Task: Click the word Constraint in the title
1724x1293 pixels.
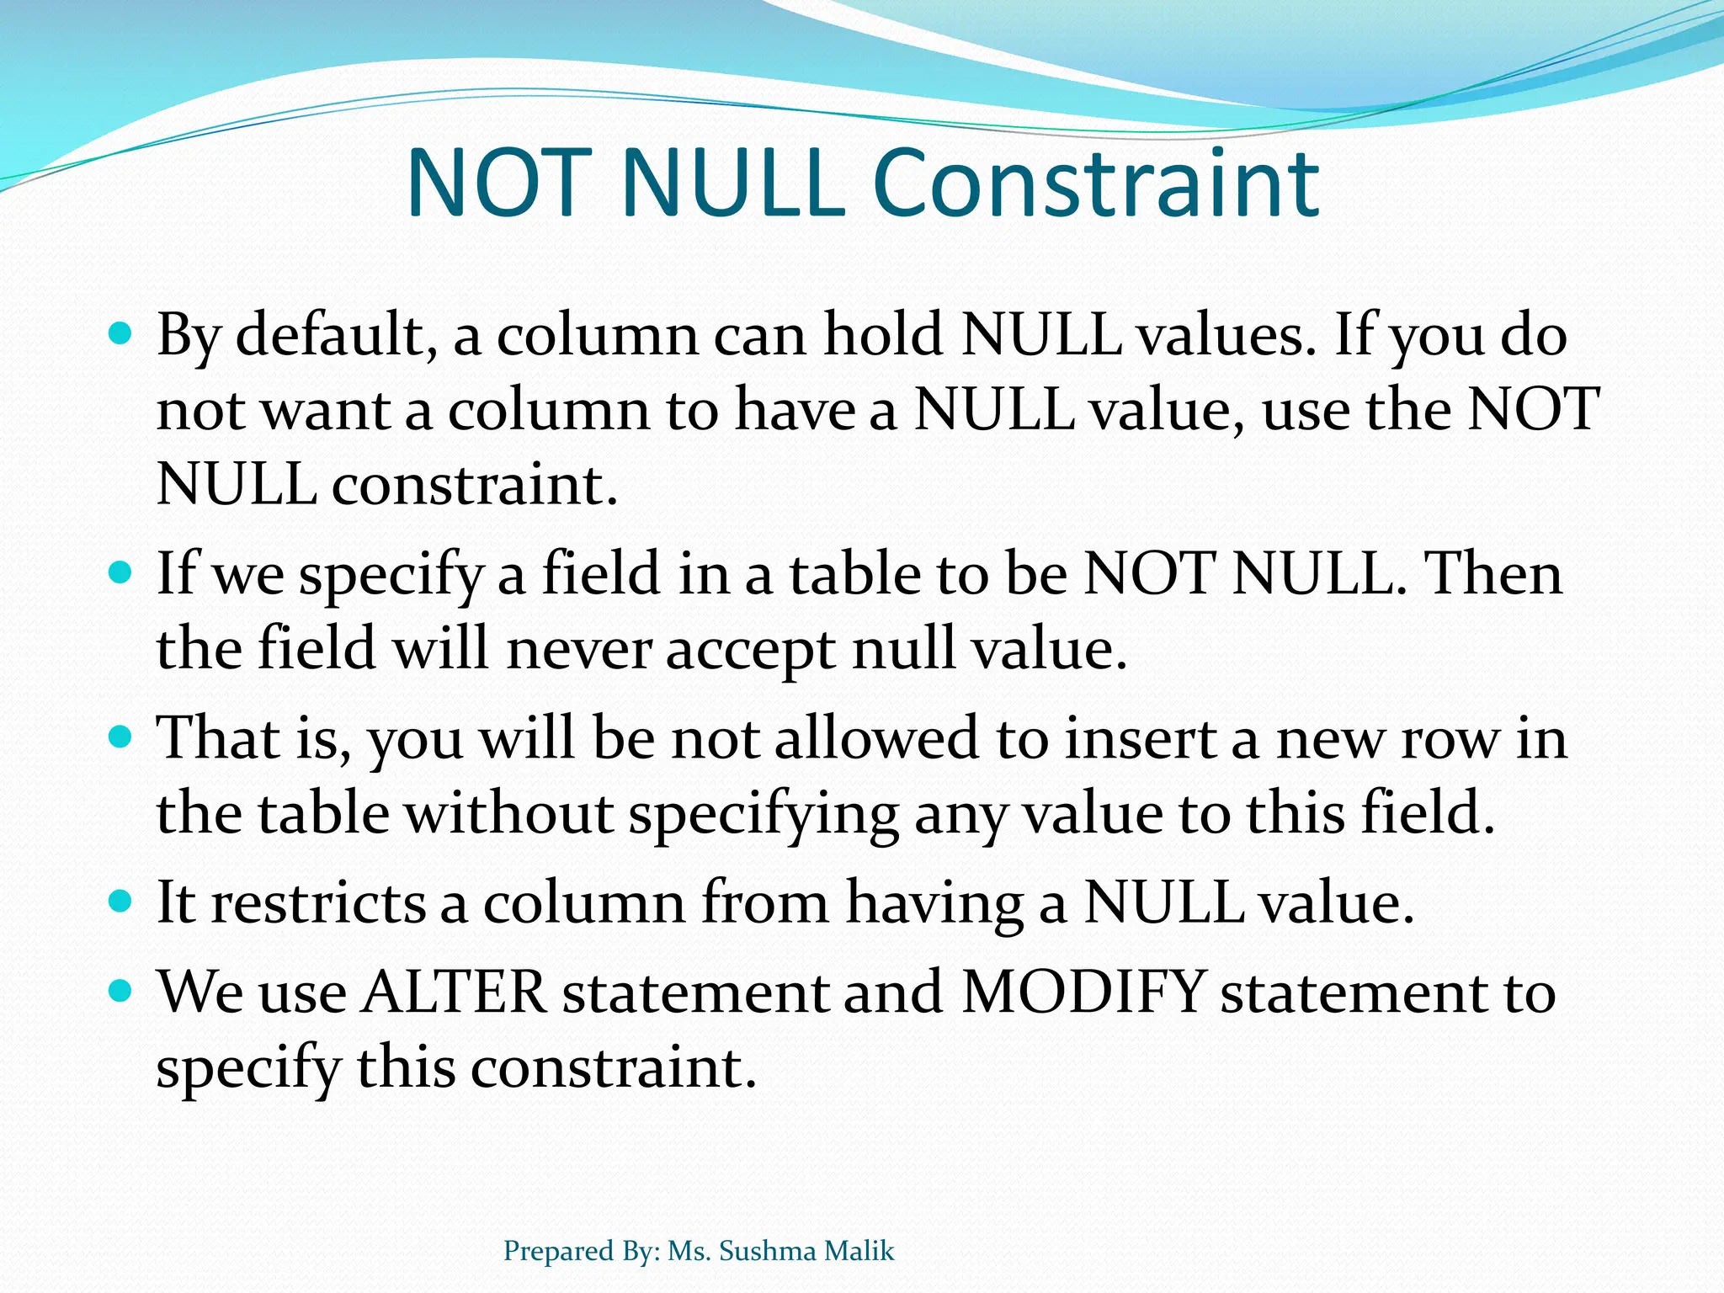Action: (1095, 184)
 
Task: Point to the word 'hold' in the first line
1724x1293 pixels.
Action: (884, 336)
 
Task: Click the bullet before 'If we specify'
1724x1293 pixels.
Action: (121, 574)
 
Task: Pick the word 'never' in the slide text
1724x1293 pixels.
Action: (579, 650)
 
